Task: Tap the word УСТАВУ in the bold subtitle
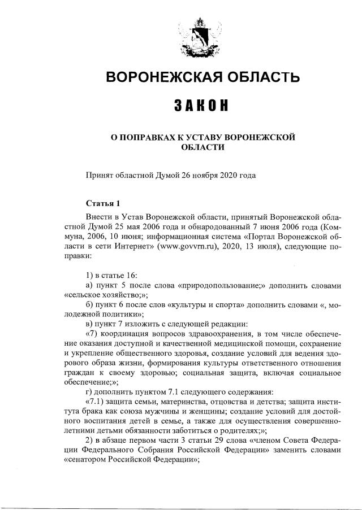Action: [x=200, y=137]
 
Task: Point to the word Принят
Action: [x=98, y=176]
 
